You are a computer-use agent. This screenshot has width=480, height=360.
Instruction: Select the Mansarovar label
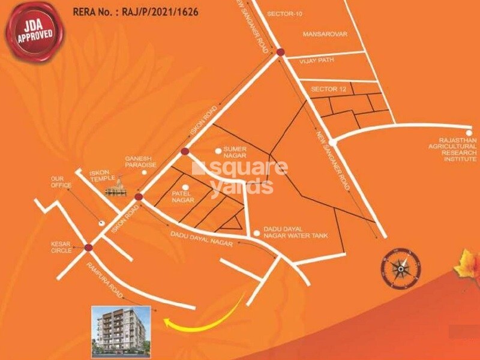(325, 34)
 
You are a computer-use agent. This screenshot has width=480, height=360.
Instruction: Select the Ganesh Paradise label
(140, 161)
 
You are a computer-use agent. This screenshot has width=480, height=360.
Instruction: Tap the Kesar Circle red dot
(89, 247)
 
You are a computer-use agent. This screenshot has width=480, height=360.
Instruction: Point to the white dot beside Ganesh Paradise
(144, 173)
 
